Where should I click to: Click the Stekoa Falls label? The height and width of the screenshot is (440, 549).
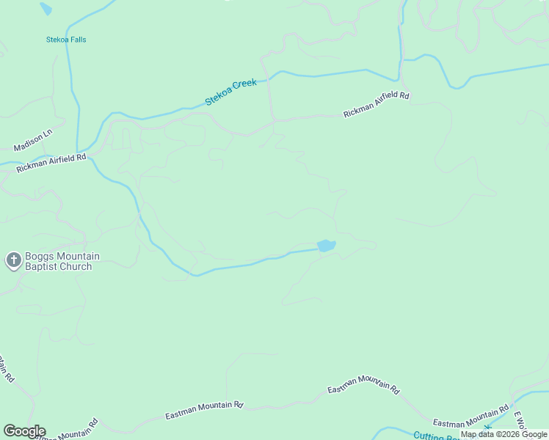click(65, 40)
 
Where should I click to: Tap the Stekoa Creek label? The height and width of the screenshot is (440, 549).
click(231, 92)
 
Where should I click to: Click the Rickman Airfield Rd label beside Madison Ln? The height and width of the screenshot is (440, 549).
click(51, 163)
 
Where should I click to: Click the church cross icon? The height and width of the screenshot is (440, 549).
click(13, 260)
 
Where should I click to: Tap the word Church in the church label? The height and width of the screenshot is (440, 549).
click(76, 267)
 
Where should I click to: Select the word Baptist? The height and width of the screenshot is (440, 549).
click(42, 267)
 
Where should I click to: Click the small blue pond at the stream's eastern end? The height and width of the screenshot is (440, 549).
click(326, 245)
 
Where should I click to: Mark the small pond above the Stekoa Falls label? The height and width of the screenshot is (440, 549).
click(46, 9)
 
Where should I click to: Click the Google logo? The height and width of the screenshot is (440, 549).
click(24, 431)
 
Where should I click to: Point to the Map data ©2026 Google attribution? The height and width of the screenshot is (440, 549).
click(504, 434)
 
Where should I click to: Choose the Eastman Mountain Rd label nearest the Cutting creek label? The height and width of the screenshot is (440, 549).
click(470, 417)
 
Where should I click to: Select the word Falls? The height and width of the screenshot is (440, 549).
click(76, 40)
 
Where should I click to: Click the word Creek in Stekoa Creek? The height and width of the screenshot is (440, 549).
click(244, 87)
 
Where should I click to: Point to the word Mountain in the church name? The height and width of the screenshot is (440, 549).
click(77, 257)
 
